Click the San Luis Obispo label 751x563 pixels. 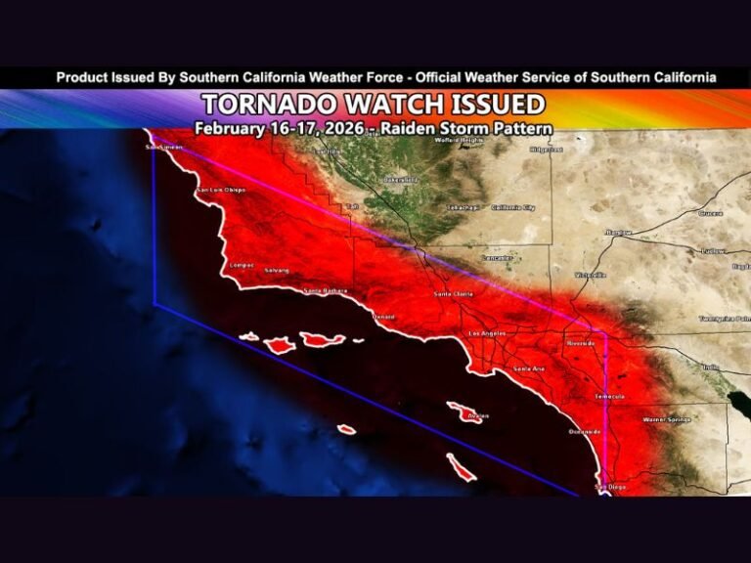click(221, 190)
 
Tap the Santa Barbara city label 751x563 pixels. click(326, 290)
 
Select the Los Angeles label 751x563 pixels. click(488, 334)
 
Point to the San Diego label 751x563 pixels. click(611, 486)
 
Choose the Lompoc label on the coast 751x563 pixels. click(241, 265)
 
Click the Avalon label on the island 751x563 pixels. click(478, 415)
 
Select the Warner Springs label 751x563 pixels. click(666, 419)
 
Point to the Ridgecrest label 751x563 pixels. click(546, 150)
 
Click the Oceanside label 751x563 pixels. click(585, 431)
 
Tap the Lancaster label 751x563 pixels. click(497, 257)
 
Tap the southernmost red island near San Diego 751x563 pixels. click(461, 467)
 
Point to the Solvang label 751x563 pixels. click(276, 269)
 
